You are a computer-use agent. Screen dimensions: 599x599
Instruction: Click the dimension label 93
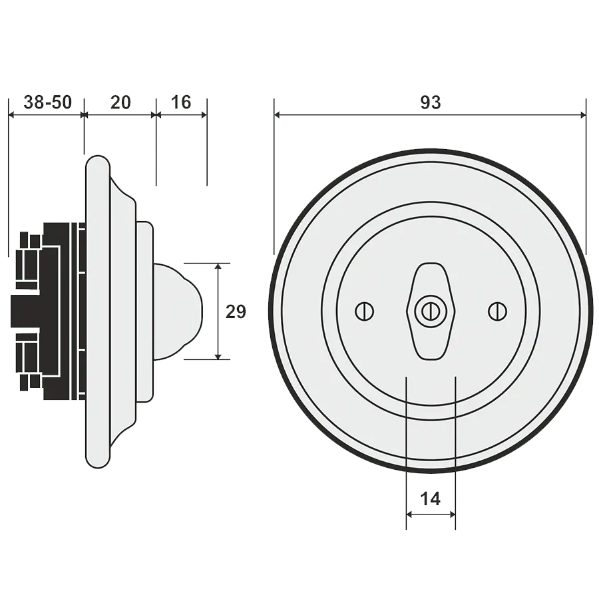click(431, 103)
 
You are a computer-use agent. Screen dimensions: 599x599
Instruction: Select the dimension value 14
click(431, 498)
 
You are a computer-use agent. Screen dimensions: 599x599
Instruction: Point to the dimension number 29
click(234, 311)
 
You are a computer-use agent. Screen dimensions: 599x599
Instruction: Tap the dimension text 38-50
click(47, 102)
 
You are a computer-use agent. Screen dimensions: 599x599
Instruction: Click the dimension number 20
click(120, 102)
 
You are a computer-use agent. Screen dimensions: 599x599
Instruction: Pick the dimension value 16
click(180, 102)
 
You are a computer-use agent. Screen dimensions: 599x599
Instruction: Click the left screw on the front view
click(363, 310)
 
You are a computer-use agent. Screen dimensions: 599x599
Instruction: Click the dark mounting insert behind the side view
click(47, 311)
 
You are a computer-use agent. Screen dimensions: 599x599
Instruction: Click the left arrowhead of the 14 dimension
click(410, 514)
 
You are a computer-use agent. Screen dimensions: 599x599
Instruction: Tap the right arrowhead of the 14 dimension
click(452, 514)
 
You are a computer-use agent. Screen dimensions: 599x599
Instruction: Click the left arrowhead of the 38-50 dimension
click(13, 116)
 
